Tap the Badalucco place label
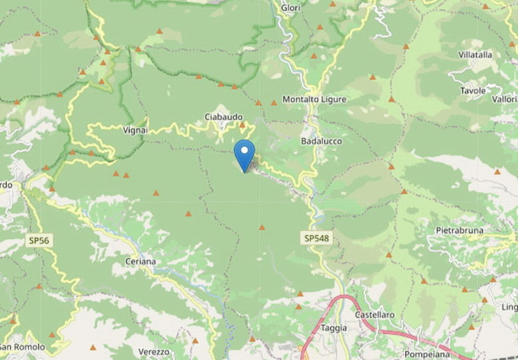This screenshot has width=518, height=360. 320,140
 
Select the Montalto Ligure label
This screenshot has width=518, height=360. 314,99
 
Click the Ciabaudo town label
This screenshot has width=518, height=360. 224,117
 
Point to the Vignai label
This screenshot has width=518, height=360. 135,130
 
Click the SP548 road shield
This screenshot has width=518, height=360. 316,238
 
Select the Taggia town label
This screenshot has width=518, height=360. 334,328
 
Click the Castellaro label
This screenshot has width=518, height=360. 374,315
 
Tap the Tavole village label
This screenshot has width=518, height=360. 473,91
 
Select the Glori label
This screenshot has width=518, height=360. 290,8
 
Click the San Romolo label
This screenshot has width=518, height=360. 22,347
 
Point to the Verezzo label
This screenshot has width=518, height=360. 154,351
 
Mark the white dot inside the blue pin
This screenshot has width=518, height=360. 244,148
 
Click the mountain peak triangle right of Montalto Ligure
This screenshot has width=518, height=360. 392,99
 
